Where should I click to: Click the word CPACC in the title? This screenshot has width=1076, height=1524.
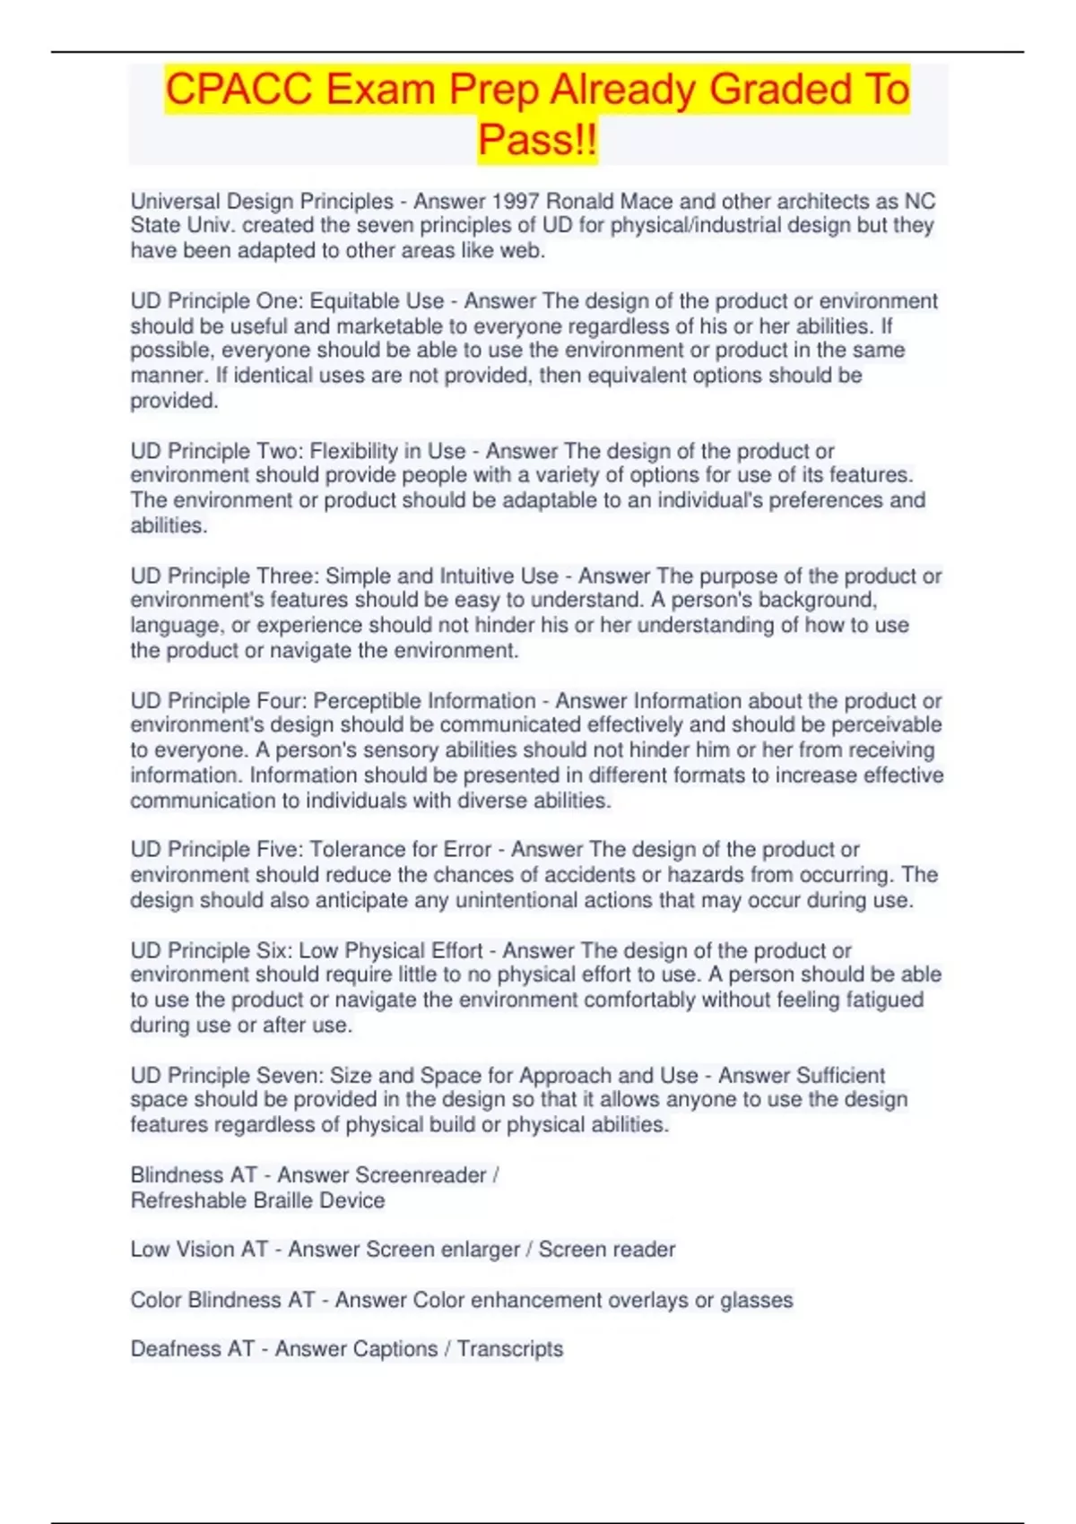point(238,90)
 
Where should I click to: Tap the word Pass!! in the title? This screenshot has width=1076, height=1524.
point(537,141)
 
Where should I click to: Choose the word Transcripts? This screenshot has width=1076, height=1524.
point(510,1349)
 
